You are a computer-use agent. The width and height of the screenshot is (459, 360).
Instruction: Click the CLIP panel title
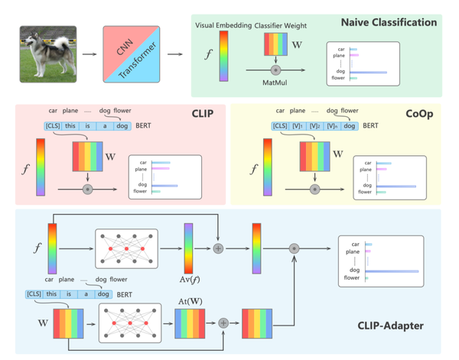click(202, 115)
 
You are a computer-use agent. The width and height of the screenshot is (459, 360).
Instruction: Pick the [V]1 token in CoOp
click(299, 125)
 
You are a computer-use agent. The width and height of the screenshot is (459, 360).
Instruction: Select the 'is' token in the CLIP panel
click(87, 125)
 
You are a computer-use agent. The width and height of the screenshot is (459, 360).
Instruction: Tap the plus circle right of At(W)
click(223, 323)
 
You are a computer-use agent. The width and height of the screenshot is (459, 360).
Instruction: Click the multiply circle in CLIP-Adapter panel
click(293, 249)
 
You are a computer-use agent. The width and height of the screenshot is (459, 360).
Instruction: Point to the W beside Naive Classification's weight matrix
click(298, 45)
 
